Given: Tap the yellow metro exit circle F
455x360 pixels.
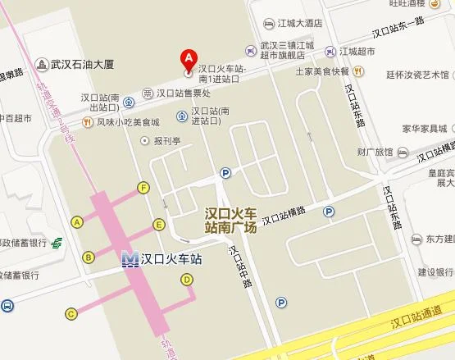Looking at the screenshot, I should [144, 188].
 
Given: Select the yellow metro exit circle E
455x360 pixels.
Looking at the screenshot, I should [159, 224].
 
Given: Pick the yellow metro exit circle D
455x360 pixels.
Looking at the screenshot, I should [187, 280].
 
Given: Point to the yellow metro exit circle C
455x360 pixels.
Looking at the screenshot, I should [72, 312].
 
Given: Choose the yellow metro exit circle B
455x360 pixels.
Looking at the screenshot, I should [88, 257].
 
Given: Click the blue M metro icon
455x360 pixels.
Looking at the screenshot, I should [130, 259].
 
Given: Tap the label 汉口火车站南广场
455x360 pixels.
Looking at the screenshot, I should [230, 220].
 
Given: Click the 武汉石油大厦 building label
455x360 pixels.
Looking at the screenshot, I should [82, 63].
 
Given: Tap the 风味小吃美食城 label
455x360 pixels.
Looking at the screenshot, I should [128, 122].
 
